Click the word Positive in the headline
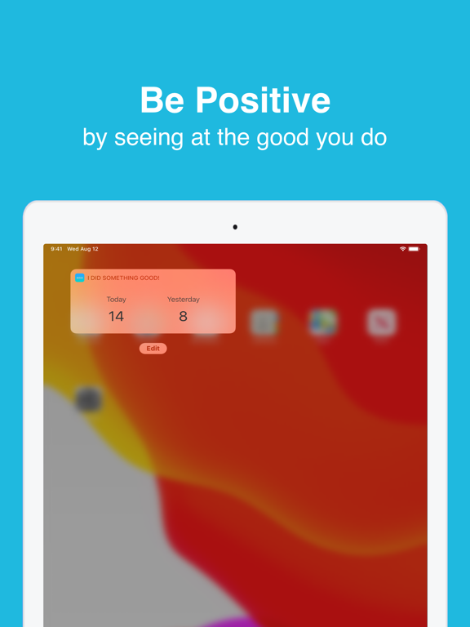[264, 100]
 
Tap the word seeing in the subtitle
[161, 137]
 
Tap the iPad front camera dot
[235, 227]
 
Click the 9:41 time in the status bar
[56, 249]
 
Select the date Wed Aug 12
[82, 249]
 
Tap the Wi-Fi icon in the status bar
[402, 249]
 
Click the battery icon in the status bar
[414, 249]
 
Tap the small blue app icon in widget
[80, 278]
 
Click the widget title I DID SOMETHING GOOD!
[123, 278]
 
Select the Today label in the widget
[117, 300]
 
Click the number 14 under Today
[117, 317]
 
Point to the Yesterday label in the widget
[184, 300]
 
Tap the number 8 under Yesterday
[184, 317]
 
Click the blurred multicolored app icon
[323, 322]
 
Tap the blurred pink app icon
[381, 322]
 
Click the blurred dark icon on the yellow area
[88, 400]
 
